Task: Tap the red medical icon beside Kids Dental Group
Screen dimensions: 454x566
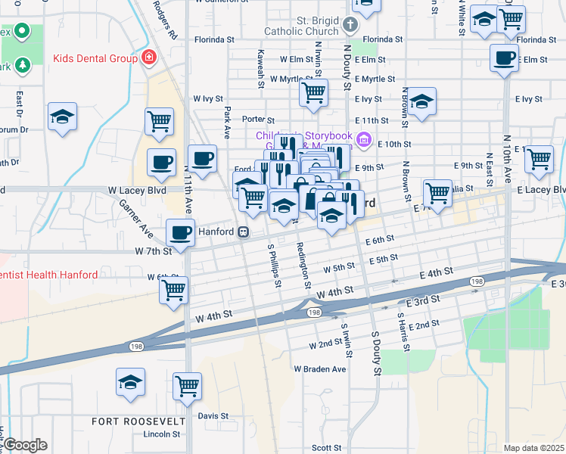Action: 148,58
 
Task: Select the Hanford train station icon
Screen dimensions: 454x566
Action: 244,232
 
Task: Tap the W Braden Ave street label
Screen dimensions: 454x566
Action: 319,368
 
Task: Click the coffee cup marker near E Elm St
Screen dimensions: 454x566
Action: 503,58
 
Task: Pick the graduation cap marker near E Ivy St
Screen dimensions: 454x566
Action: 422,101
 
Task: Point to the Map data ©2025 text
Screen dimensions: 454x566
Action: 533,447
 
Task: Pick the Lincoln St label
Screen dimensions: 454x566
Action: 162,434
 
